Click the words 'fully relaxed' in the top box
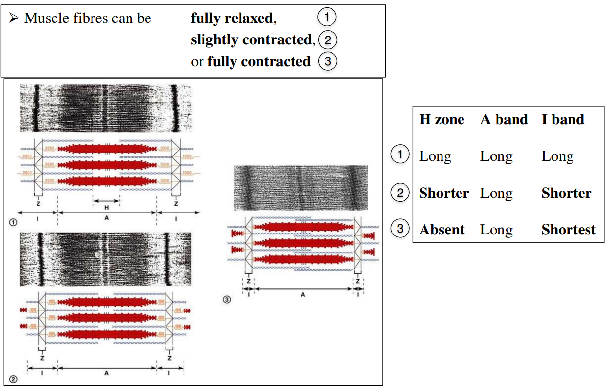[x=231, y=19]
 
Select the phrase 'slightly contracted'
[x=250, y=40]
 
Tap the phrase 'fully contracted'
[x=258, y=62]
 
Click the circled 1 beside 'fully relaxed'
[x=327, y=18]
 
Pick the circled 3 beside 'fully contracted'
[x=327, y=61]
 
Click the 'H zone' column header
[x=441, y=120]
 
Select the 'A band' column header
[x=504, y=120]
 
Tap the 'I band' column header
[x=563, y=120]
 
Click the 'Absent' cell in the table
[x=442, y=230]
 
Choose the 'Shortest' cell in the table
[x=568, y=230]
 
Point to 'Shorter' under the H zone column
[x=443, y=193]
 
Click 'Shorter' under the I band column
[x=566, y=193]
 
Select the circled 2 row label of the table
[x=400, y=193]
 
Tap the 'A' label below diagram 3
[x=303, y=295]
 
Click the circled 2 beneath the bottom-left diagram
[x=13, y=379]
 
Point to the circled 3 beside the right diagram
[x=227, y=300]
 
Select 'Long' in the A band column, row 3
[x=496, y=230]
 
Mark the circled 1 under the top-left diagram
[x=13, y=222]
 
